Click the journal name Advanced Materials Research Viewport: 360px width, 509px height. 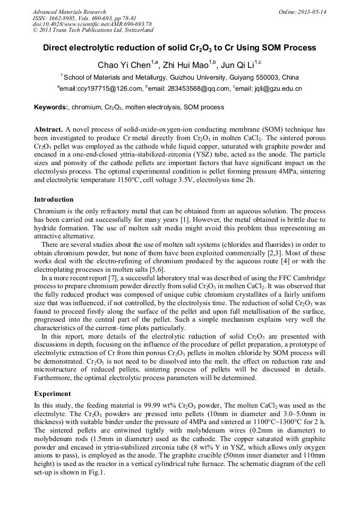[69, 12]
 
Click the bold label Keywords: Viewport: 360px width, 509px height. [52, 107]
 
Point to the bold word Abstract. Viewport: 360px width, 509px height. [48, 130]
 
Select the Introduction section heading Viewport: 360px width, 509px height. [54, 200]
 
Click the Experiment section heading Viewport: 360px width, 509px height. [52, 394]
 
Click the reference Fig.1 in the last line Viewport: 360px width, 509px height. [97, 473]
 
